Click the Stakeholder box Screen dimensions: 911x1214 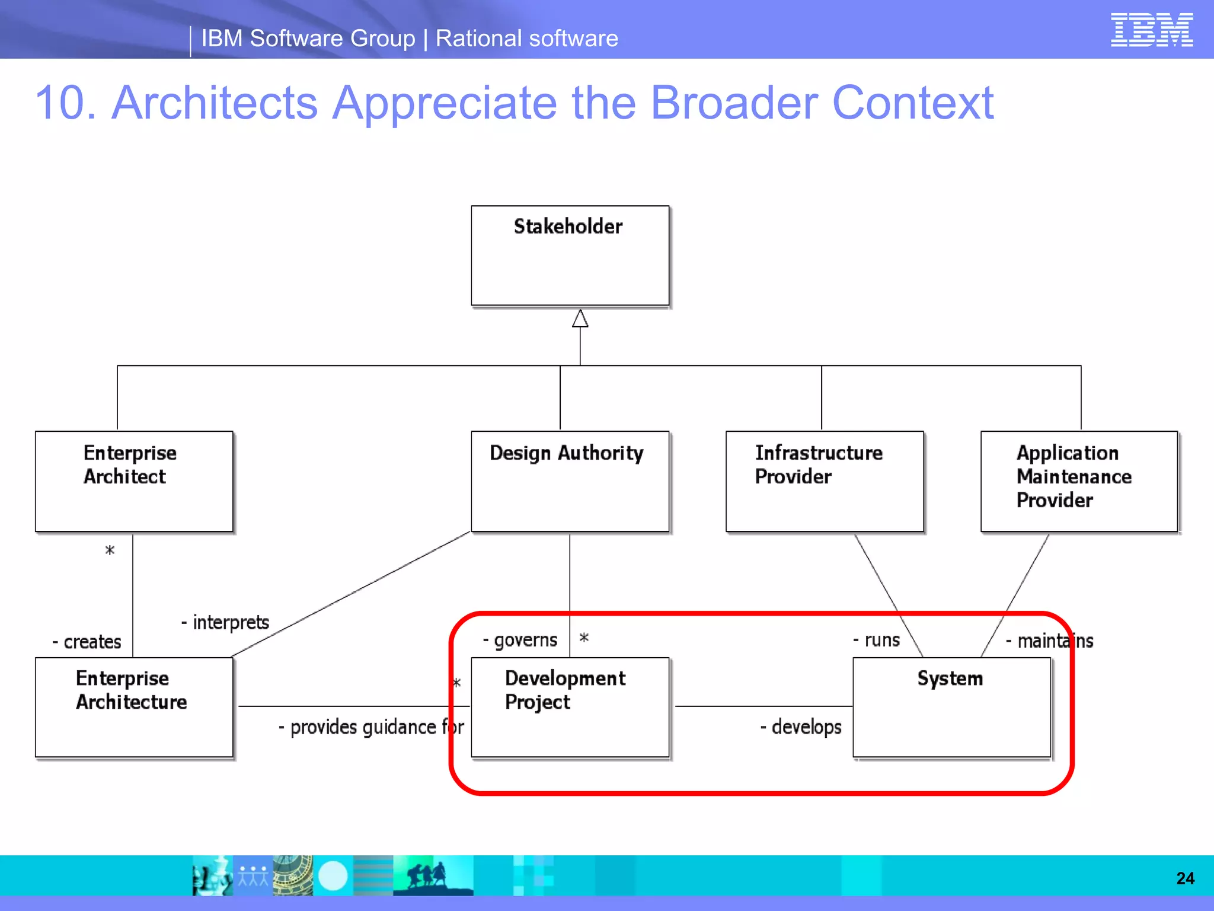(570, 256)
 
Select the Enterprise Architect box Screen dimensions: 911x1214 (134, 481)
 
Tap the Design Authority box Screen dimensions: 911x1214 (570, 481)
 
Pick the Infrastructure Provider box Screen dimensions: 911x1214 (825, 481)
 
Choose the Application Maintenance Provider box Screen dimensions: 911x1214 (1079, 481)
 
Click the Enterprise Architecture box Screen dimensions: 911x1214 (134, 707)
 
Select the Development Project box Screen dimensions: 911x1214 (570, 707)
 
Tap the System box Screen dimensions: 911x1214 (951, 707)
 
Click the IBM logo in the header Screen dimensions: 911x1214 (1151, 30)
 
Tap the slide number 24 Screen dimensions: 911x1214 (1185, 878)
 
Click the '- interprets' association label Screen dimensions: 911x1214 (225, 622)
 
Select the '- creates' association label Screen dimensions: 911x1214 (87, 642)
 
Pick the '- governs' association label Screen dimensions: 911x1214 (520, 640)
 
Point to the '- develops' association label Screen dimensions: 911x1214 (801, 727)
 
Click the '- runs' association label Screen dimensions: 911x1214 (877, 640)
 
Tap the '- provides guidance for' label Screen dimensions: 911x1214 (371, 727)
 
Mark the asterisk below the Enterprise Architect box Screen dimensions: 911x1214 (110, 550)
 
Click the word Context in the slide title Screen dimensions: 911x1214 (913, 103)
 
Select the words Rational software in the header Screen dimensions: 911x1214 (526, 39)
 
